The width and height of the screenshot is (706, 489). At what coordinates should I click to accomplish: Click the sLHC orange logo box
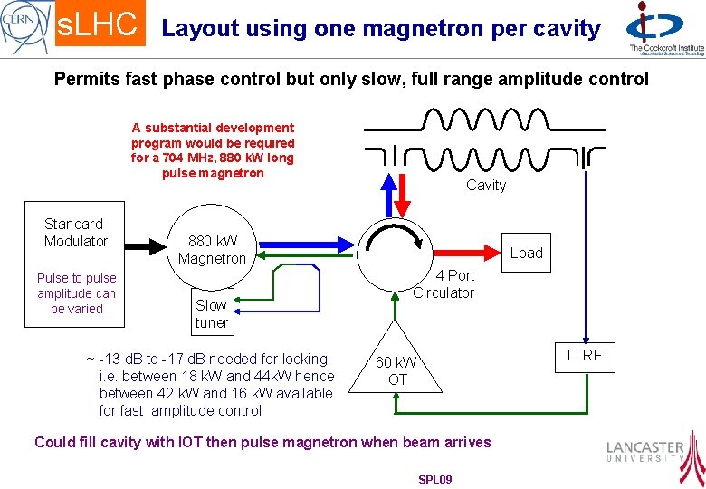pyautogui.click(x=100, y=25)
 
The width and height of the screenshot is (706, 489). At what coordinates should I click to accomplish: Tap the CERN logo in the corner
pyautogui.click(x=25, y=25)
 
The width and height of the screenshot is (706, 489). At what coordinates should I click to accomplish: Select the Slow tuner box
pyautogui.click(x=211, y=313)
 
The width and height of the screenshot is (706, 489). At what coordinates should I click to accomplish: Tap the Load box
pyautogui.click(x=526, y=253)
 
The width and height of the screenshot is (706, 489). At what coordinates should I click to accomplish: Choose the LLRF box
pyautogui.click(x=584, y=355)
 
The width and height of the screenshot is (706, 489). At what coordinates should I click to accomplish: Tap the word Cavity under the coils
pyautogui.click(x=486, y=186)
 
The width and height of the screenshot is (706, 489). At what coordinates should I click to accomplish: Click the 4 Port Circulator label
pyautogui.click(x=444, y=284)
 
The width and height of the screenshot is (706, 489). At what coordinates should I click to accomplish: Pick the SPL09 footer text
pyautogui.click(x=434, y=478)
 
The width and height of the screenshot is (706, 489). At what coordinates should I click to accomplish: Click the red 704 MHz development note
pyautogui.click(x=213, y=150)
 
